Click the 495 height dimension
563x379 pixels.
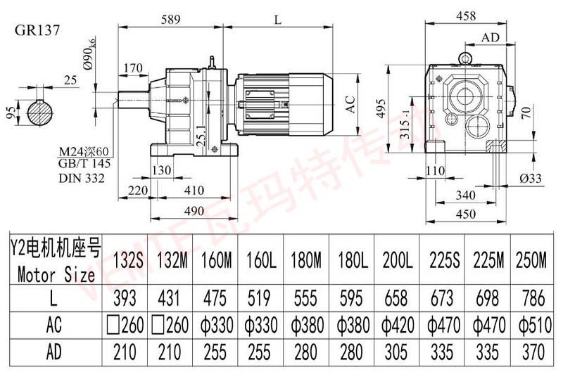click(x=381, y=105)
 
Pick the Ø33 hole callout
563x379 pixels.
click(x=531, y=179)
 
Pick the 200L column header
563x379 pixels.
click(x=398, y=262)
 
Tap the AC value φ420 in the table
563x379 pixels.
click(x=398, y=326)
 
